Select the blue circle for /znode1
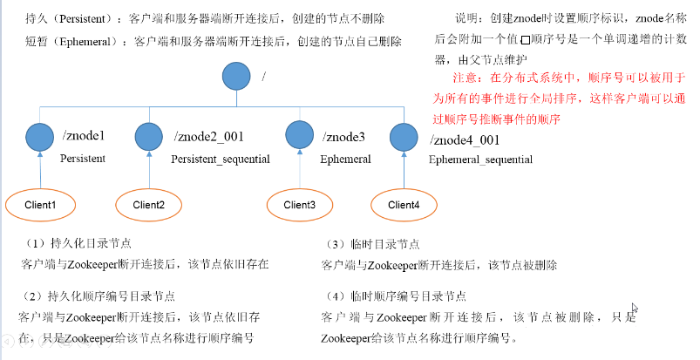point(40,136)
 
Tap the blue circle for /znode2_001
point(150,136)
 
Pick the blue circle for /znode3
point(300,136)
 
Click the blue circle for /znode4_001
point(403,138)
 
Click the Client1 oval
point(40,205)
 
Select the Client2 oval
point(149,205)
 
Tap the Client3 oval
point(300,205)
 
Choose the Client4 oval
point(404,205)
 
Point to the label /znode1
point(84,136)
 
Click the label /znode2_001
point(209,136)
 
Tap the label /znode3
point(344,136)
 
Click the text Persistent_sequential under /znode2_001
point(220,159)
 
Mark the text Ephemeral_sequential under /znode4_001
point(480,160)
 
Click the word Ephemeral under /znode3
point(345,159)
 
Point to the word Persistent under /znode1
point(83,159)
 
